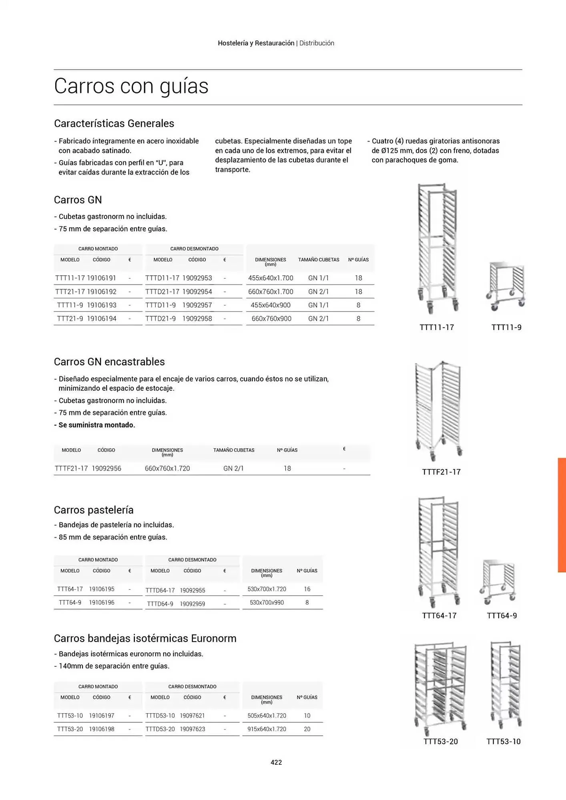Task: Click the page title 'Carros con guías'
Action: coord(131,86)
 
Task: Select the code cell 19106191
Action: coord(102,278)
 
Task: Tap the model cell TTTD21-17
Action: coord(162,292)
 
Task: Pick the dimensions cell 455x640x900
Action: coord(271,305)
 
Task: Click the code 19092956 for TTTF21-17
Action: coord(106,468)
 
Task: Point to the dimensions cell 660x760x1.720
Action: coord(167,468)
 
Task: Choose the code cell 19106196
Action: coord(102,602)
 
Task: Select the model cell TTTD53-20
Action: coord(160,729)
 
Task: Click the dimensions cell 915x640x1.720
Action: coord(267,729)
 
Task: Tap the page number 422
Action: coord(276,762)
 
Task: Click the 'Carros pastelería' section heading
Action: coord(94,510)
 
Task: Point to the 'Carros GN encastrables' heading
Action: coord(109,362)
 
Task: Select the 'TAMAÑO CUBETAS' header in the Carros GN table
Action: coord(319,260)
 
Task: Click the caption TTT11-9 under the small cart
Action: coord(506,327)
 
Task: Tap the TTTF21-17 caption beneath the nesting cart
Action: coord(441,472)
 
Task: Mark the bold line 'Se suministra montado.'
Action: coord(97,425)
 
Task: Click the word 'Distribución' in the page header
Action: coord(317,43)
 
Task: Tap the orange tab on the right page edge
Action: coord(562,515)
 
